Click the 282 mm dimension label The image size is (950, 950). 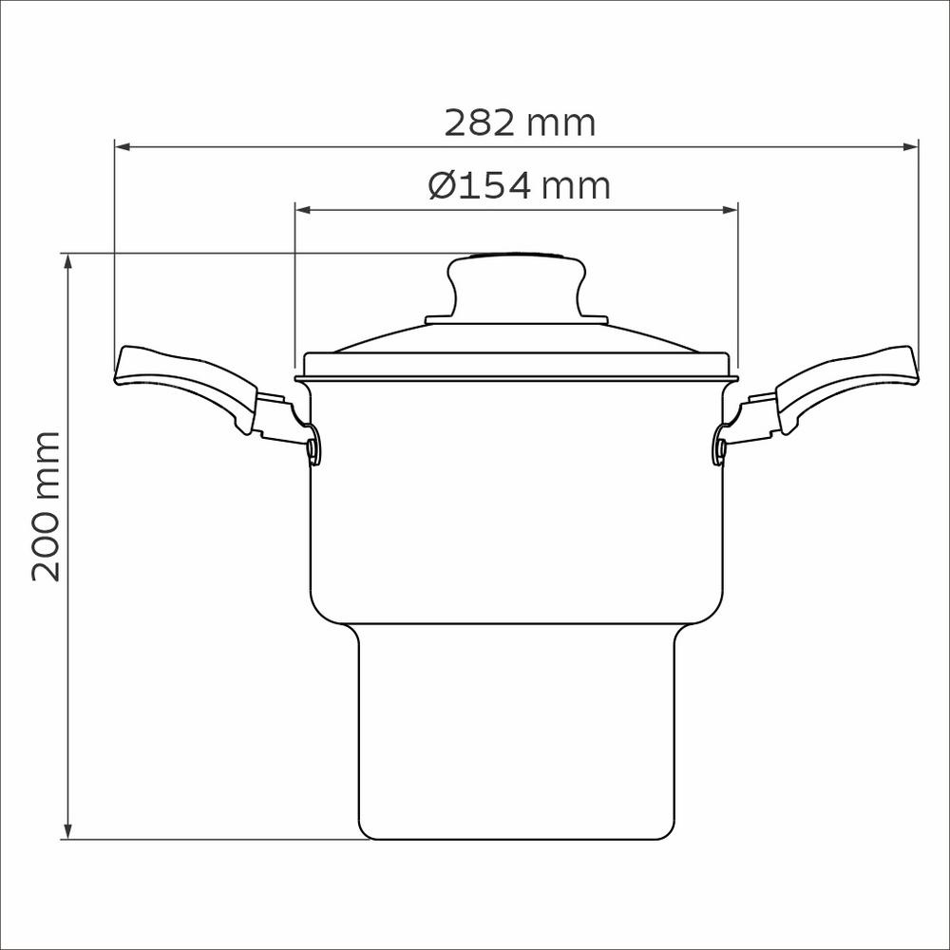click(520, 123)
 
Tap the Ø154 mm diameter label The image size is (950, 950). click(520, 185)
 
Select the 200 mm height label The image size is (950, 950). click(46, 506)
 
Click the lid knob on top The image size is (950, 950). click(517, 285)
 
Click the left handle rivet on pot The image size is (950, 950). click(312, 447)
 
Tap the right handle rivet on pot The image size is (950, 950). click(722, 447)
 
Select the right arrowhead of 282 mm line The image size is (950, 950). click(911, 146)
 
